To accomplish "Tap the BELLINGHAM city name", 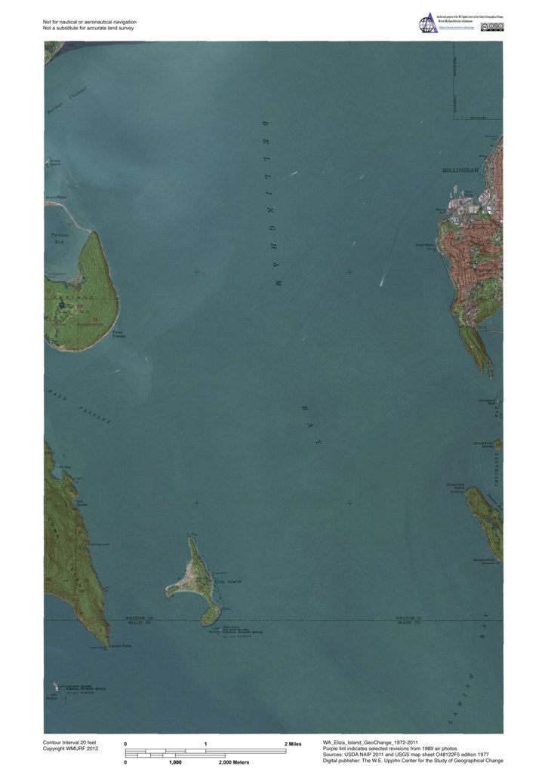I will click(x=461, y=171).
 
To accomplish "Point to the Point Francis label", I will click(x=119, y=334).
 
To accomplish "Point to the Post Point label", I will click(x=425, y=245).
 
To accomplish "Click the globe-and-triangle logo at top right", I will click(x=427, y=23).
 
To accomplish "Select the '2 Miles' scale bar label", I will click(x=293, y=744).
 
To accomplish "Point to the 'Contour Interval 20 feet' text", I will click(x=70, y=743).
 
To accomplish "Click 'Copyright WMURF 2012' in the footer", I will click(x=70, y=749).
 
